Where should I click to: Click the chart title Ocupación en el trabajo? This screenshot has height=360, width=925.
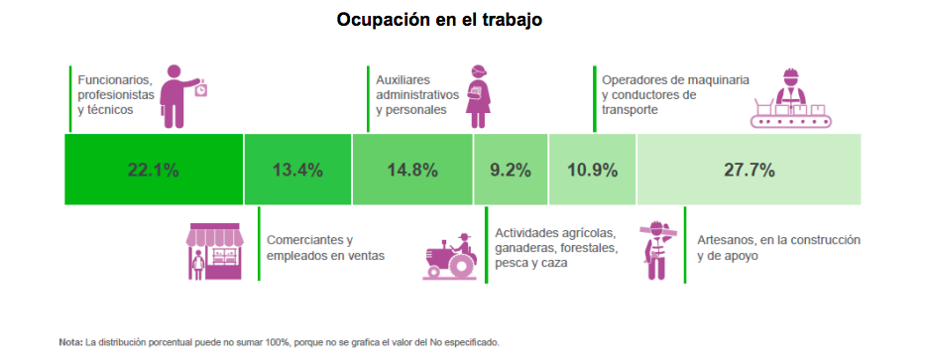click(x=439, y=20)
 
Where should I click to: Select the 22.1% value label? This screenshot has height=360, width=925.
click(x=153, y=170)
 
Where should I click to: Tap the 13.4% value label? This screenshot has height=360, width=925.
click(x=297, y=170)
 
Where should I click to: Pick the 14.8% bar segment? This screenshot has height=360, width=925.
click(x=412, y=170)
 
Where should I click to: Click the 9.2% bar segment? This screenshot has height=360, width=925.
click(x=511, y=170)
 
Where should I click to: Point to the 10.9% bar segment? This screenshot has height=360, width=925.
click(x=592, y=170)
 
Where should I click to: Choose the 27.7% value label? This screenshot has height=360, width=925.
click(x=749, y=170)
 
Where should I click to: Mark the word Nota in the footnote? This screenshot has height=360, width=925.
click(x=69, y=342)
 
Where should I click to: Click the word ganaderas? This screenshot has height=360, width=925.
click(x=527, y=247)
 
